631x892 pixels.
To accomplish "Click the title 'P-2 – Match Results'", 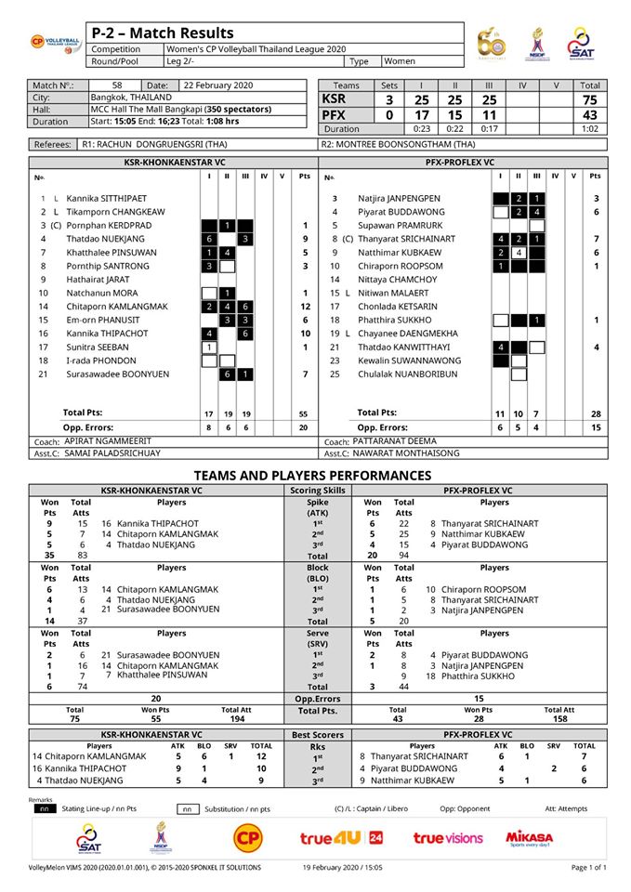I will click(164, 33).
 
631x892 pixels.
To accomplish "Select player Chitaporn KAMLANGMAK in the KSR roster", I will click(117, 306).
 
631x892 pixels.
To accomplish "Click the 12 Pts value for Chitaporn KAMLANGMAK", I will click(304, 306).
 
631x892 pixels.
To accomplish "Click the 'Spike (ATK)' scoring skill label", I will click(319, 507).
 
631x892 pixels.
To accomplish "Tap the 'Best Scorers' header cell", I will click(318, 733).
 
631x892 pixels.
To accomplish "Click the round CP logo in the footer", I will click(247, 838).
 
